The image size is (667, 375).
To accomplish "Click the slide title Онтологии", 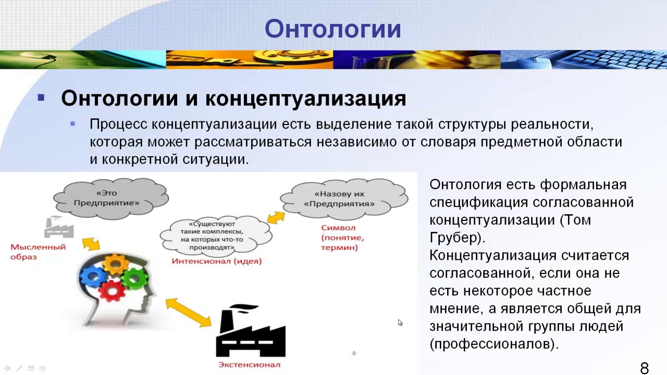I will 333,29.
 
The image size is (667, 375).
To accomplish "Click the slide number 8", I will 644,368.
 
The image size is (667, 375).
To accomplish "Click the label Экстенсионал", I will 249,365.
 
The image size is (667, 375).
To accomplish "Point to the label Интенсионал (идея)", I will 216,261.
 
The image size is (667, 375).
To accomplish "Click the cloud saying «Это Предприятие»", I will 110,198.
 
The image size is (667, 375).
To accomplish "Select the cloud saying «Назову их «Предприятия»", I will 343,198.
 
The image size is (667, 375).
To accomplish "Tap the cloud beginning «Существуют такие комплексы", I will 215,235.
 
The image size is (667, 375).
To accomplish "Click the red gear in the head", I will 112,290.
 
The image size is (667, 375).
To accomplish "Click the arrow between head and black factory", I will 189,312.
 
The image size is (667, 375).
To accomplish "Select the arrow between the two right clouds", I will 276,217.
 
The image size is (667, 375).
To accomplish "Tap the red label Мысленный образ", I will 38,252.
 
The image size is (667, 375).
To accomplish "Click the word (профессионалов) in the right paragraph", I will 493,344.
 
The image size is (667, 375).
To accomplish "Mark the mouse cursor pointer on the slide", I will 400,322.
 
